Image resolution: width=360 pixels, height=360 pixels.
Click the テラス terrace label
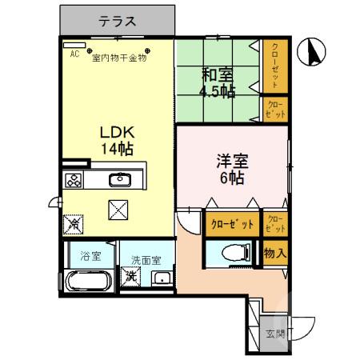(x=117, y=22)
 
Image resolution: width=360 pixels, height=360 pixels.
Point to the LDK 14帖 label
(x=116, y=140)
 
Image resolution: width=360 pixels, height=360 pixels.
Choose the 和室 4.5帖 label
(x=218, y=83)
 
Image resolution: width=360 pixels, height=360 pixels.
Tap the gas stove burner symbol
(x=74, y=180)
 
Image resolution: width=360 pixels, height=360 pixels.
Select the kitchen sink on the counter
(x=120, y=179)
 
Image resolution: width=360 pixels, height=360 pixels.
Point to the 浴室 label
(x=90, y=257)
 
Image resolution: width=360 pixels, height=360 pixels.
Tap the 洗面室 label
(x=146, y=260)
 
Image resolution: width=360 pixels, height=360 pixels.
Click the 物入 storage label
(x=274, y=254)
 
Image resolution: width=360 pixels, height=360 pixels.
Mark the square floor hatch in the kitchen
(x=119, y=210)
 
